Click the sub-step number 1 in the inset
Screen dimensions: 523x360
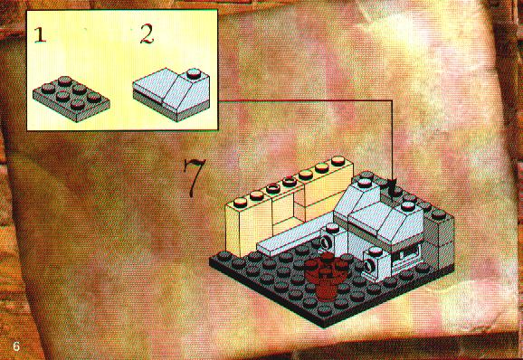click(40, 35)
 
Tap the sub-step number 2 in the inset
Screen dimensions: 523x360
click(147, 34)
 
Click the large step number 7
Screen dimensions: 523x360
click(194, 177)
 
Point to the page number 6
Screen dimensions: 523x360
click(16, 346)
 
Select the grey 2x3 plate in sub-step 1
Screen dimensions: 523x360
click(71, 99)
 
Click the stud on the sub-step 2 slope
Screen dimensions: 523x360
click(194, 73)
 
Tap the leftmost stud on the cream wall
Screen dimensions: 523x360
click(240, 202)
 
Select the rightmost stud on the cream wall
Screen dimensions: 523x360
click(338, 161)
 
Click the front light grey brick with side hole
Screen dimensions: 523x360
click(376, 263)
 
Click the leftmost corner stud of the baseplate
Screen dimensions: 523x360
click(224, 256)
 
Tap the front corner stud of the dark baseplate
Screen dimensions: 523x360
click(325, 310)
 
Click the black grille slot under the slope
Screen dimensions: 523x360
click(404, 256)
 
